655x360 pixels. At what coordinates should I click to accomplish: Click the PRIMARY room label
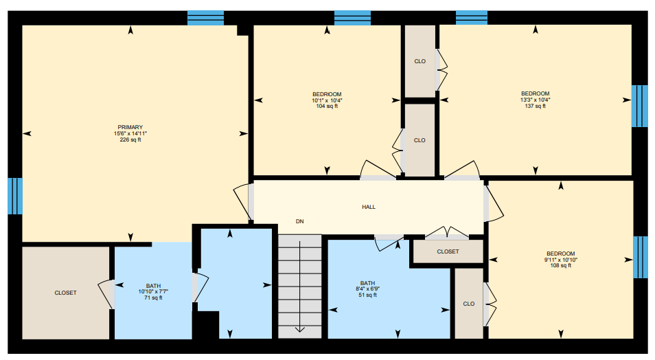coord(130,127)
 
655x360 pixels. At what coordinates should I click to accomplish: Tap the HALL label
coord(369,207)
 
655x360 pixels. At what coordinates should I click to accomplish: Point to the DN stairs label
coord(300,222)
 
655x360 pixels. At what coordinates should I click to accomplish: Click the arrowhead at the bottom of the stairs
coord(300,329)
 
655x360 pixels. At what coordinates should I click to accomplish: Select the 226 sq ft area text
coord(130,139)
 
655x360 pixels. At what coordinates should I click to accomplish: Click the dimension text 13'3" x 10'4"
coord(535,100)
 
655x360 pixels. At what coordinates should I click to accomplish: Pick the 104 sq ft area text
coord(327,106)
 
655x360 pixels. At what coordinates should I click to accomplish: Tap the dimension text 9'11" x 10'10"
coord(560,260)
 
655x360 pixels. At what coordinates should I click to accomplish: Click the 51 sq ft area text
coord(367,295)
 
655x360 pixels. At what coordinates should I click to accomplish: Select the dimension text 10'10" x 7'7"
coord(153,291)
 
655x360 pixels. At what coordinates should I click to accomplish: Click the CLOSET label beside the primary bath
coord(66,293)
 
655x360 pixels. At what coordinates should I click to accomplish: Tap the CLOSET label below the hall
coord(448,251)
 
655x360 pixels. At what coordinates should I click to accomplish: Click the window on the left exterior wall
coord(15,196)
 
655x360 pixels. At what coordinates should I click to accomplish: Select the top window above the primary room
coord(205,18)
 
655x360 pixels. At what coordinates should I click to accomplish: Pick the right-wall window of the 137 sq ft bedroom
coord(639,106)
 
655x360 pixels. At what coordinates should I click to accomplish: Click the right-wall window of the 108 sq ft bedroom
coord(641,257)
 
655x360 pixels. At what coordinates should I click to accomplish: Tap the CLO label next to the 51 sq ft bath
coord(469,304)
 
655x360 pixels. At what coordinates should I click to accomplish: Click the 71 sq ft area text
coord(153,297)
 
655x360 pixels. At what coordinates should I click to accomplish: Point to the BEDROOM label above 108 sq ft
coord(560,254)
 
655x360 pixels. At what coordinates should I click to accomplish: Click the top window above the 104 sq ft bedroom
coord(353,18)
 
